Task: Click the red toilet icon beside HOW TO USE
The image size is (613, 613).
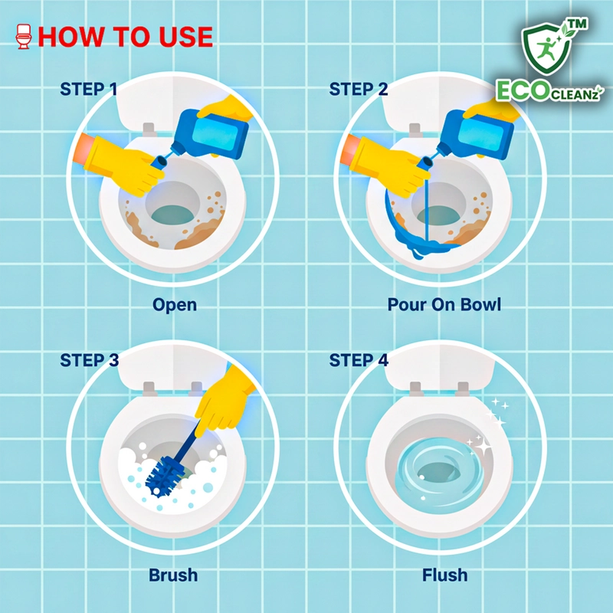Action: pyautogui.click(x=24, y=37)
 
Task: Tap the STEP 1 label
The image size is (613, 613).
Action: pyautogui.click(x=88, y=89)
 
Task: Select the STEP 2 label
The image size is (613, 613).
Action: pyautogui.click(x=358, y=89)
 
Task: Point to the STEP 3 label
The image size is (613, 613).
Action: pyautogui.click(x=89, y=360)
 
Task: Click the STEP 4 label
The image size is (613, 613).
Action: pyautogui.click(x=359, y=360)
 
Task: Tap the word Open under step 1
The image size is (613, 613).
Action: pyautogui.click(x=175, y=305)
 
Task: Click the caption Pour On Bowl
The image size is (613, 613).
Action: pyautogui.click(x=444, y=304)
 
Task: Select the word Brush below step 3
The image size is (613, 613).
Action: pyautogui.click(x=173, y=575)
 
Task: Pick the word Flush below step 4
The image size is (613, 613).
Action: pyautogui.click(x=445, y=575)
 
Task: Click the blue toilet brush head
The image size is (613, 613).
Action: pyautogui.click(x=164, y=477)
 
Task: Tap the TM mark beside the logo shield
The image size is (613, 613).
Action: pyautogui.click(x=578, y=25)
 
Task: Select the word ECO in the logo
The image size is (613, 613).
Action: pyautogui.click(x=523, y=90)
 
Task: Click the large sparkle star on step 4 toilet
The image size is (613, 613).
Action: pyautogui.click(x=483, y=447)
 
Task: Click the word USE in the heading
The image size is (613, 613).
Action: pyautogui.click(x=185, y=37)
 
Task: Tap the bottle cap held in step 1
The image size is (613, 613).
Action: pyautogui.click(x=158, y=162)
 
